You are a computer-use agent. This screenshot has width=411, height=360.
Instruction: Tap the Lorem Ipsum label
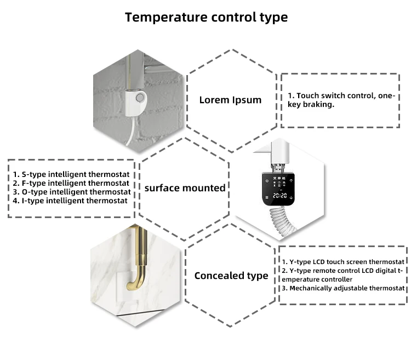[x=230, y=100]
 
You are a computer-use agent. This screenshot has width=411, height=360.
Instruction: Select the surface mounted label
[x=185, y=188]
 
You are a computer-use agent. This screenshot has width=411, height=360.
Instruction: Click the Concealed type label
[x=231, y=276]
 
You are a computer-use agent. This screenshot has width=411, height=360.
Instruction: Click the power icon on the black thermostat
[x=267, y=180]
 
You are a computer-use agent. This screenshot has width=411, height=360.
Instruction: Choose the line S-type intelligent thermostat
[x=71, y=174]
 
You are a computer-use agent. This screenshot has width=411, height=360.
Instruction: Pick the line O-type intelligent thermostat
[x=72, y=192]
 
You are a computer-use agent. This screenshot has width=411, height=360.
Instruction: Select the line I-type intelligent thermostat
[x=70, y=201]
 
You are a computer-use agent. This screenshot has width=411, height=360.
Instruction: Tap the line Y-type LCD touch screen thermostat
[x=343, y=261]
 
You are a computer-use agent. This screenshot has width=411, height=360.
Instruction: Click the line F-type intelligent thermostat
[x=71, y=183]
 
